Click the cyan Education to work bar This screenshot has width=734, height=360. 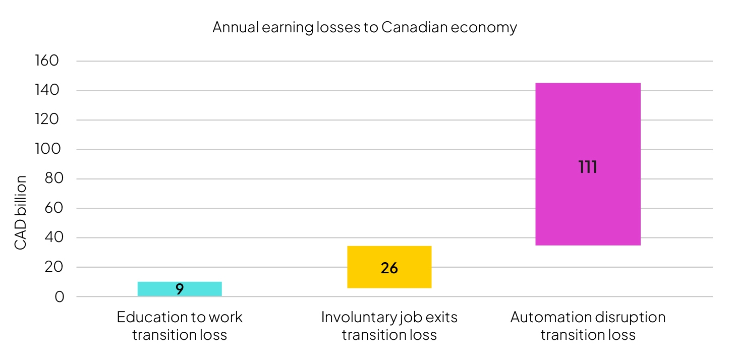pyautogui.click(x=180, y=289)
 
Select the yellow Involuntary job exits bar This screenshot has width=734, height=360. pyautogui.click(x=389, y=267)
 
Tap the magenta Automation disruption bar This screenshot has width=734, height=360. pyautogui.click(x=588, y=164)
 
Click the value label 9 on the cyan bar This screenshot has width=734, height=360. pyautogui.click(x=180, y=289)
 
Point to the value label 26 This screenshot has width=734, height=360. pyautogui.click(x=389, y=268)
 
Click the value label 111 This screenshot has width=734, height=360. pyautogui.click(x=588, y=167)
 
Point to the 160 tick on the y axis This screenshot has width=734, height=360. pyautogui.click(x=47, y=61)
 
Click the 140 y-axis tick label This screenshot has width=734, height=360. pyautogui.click(x=47, y=90)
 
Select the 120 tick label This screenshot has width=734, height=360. pyautogui.click(x=47, y=119)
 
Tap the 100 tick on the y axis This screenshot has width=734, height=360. pyautogui.click(x=48, y=149)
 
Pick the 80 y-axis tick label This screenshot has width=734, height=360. pyautogui.click(x=54, y=178)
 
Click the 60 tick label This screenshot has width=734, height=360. pyautogui.click(x=54, y=208)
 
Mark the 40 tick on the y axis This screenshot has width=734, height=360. pyautogui.click(x=54, y=237)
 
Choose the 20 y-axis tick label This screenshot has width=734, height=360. pyautogui.click(x=54, y=267)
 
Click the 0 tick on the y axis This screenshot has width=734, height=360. pyautogui.click(x=60, y=297)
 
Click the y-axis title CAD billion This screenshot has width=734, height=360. pyautogui.click(x=20, y=213)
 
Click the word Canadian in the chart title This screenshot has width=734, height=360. pyautogui.click(x=415, y=27)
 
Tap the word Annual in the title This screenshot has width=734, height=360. pyautogui.click(x=236, y=27)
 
